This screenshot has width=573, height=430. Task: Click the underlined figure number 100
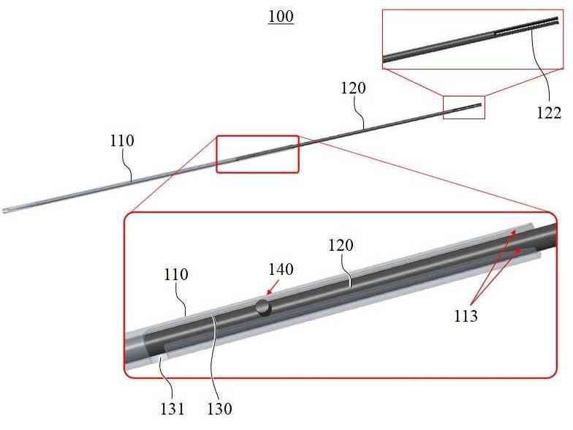pos(281,17)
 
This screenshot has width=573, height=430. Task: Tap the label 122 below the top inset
pos(548,113)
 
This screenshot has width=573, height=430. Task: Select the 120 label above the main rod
pos(353,88)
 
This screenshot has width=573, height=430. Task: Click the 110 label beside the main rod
pos(122,140)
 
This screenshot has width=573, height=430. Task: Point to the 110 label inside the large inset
pos(175,275)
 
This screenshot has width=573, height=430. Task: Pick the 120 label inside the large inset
pos(341,246)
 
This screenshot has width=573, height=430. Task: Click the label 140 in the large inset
pos(281,269)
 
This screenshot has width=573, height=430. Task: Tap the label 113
pos(466,316)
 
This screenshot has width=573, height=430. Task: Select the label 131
pos(172,409)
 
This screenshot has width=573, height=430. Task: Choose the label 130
pos(219,409)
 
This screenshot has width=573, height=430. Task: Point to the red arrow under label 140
pos(273,287)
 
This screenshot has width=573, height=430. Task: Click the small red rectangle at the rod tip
pos(463,107)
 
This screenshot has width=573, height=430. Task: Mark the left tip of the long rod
pos(3,211)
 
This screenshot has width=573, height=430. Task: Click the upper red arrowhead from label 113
pos(515,232)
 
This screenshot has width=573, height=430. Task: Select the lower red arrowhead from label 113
pos(517,251)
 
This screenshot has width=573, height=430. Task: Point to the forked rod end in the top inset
pos(526,26)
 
